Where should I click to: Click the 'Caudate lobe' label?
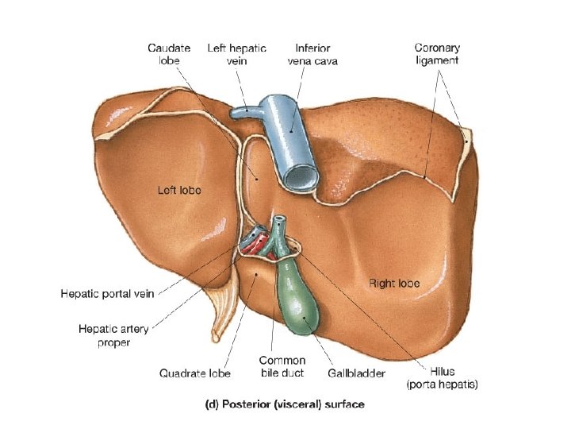[169, 54]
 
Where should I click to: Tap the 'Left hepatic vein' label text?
[236, 54]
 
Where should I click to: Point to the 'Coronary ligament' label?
[436, 54]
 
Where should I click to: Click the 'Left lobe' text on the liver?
[179, 190]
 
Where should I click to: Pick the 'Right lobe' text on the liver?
[394, 283]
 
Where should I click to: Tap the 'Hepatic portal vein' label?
[107, 293]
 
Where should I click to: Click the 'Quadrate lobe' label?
[194, 372]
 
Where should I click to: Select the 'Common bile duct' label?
[282, 366]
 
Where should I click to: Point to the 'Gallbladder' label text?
[357, 372]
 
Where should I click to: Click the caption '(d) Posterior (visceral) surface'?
[285, 404]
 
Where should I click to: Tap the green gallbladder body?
[297, 302]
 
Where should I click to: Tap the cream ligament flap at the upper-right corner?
[466, 142]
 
